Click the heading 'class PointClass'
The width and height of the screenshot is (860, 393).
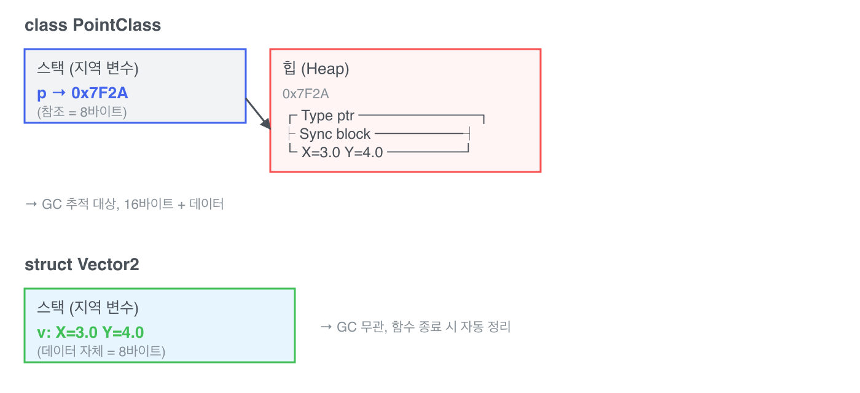(93, 25)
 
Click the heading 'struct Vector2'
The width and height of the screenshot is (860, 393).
(82, 265)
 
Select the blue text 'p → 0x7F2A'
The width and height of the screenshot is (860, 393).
(82, 93)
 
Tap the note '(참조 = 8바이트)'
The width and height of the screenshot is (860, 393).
(82, 112)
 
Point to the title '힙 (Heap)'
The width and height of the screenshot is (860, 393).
(316, 69)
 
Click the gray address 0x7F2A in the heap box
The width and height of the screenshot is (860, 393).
(306, 94)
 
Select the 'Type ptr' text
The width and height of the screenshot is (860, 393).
(327, 115)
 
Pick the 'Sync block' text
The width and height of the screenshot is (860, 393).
(335, 134)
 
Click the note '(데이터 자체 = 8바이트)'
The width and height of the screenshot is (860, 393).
(101, 351)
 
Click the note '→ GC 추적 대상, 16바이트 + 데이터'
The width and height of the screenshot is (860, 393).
(124, 204)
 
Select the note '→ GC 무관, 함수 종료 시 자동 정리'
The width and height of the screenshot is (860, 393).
(415, 327)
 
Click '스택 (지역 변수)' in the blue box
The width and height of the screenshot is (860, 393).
(87, 68)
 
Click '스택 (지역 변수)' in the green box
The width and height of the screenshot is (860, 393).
(87, 308)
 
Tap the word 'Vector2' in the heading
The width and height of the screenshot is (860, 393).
(108, 265)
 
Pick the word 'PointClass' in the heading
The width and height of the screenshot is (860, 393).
(117, 25)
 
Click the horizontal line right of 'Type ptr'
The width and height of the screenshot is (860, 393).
(421, 115)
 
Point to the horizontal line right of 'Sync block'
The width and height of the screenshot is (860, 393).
(419, 134)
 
